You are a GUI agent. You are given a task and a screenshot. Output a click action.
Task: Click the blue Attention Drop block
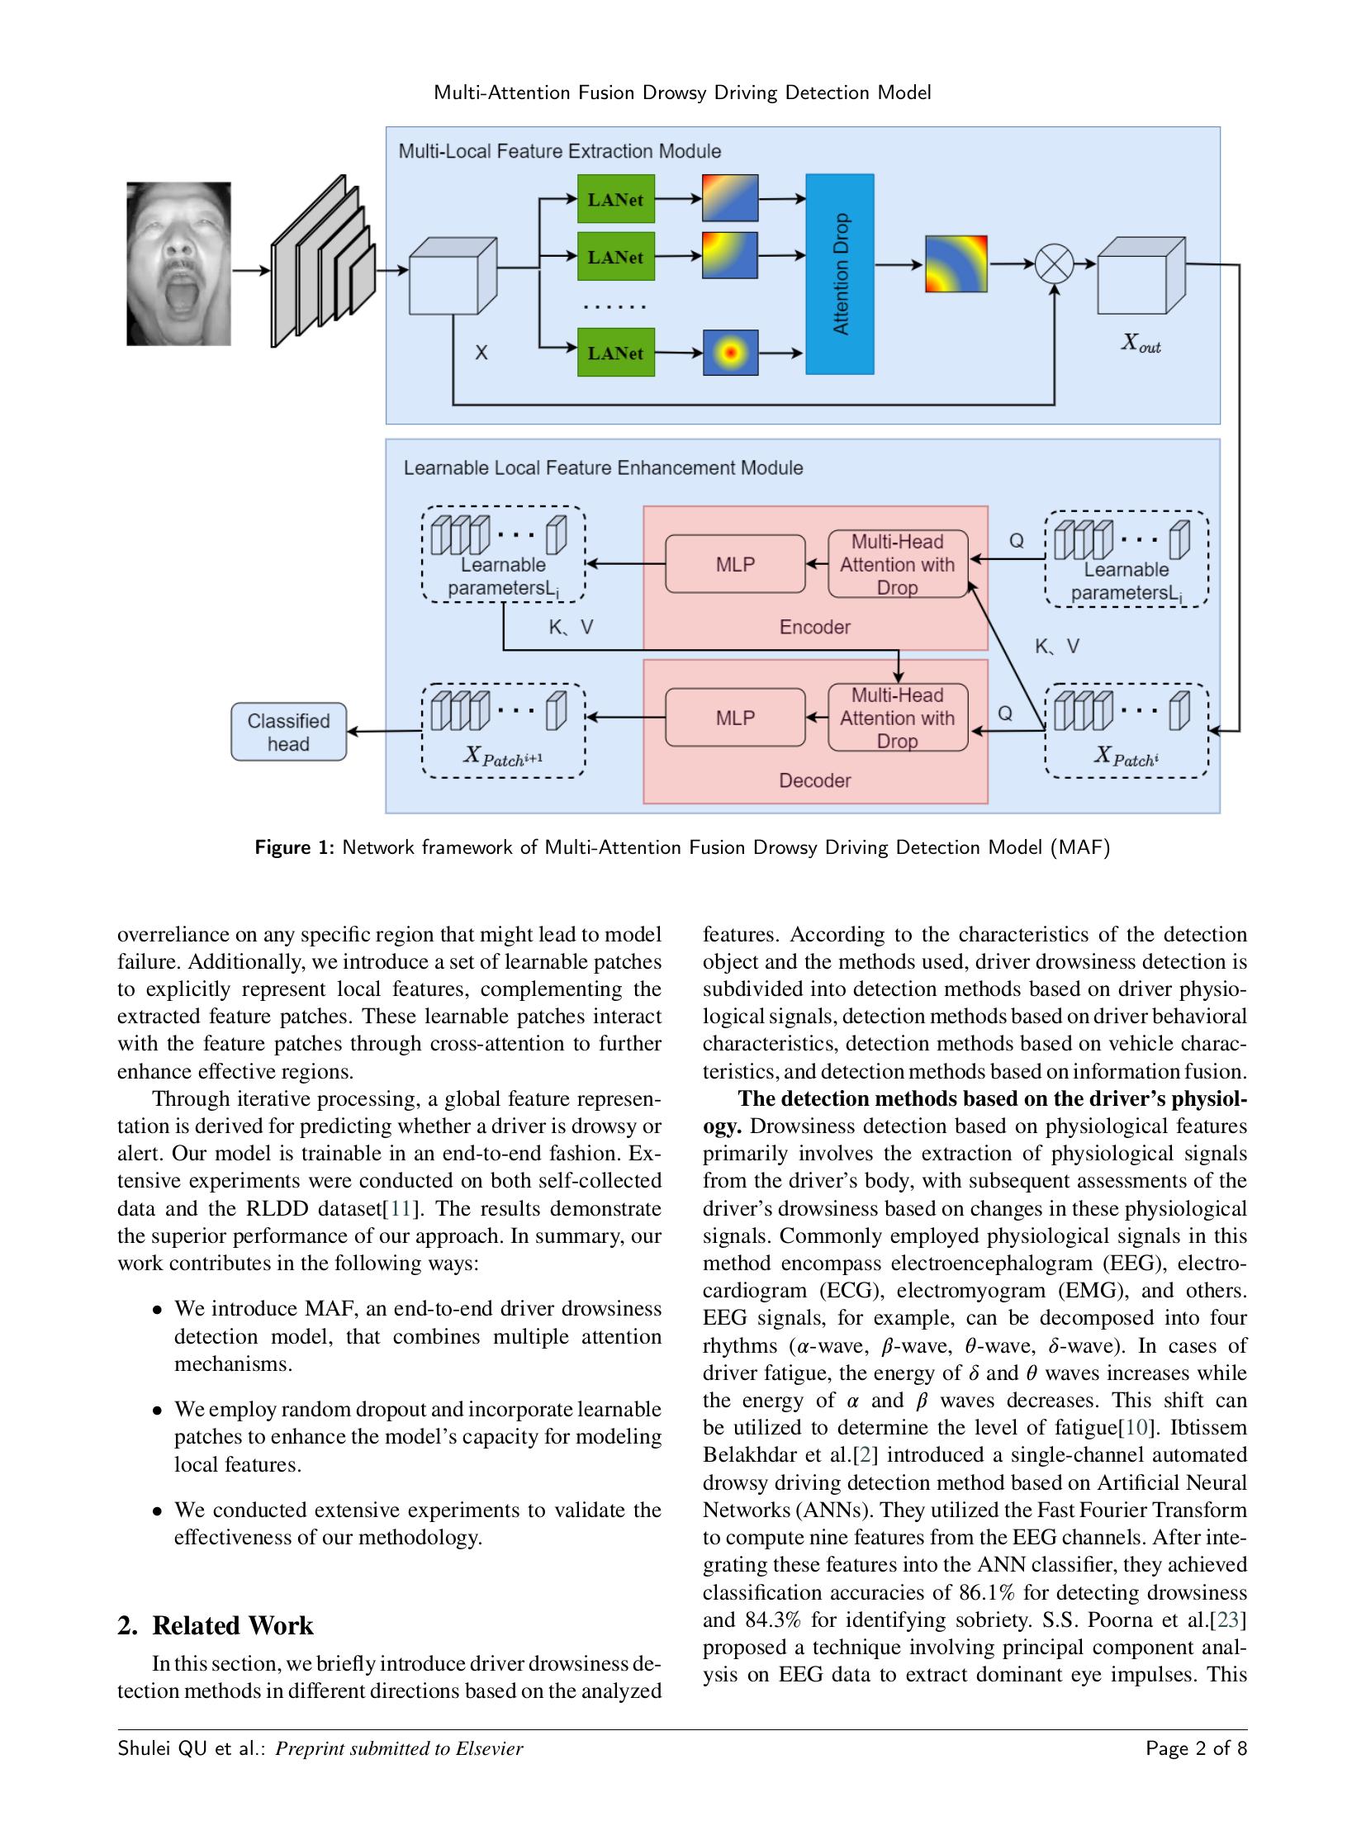[x=839, y=274]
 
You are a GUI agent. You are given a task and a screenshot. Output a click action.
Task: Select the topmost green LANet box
[x=615, y=199]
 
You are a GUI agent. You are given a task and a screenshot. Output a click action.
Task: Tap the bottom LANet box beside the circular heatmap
[x=615, y=353]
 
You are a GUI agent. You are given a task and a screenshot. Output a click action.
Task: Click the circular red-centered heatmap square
[x=730, y=353]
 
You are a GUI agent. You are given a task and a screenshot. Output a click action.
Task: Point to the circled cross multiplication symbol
[x=1055, y=264]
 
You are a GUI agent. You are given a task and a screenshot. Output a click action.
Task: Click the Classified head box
[x=288, y=732]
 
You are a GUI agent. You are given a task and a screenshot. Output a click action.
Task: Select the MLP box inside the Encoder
[x=735, y=564]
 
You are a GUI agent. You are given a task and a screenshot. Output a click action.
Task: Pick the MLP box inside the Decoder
[x=735, y=718]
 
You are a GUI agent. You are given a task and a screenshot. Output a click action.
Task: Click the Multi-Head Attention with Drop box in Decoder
[x=897, y=718]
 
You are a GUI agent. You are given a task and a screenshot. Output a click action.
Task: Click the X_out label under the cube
[x=1141, y=344]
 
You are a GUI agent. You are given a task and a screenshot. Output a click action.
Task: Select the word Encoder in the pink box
[x=814, y=627]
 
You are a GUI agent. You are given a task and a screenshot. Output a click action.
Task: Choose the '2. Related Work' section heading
[x=216, y=1625]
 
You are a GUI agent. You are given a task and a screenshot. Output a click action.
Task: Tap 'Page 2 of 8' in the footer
[x=1196, y=1748]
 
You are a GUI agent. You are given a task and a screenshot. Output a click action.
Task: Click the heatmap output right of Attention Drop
[x=956, y=264]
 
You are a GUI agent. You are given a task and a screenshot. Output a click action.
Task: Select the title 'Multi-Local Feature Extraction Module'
[x=559, y=151]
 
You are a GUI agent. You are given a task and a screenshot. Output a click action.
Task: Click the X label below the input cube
[x=481, y=353]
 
